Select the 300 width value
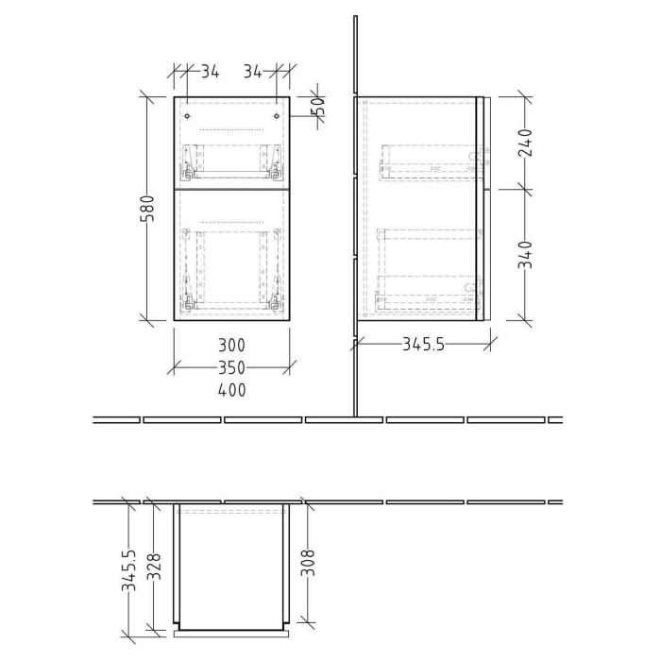[232, 346]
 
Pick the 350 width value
[232, 367]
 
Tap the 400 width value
[232, 389]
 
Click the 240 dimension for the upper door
[526, 143]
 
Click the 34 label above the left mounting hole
[210, 71]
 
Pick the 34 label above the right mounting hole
[253, 71]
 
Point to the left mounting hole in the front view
[188, 116]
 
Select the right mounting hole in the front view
[276, 116]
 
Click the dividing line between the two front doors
[232, 189]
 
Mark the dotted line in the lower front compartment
[232, 220]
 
